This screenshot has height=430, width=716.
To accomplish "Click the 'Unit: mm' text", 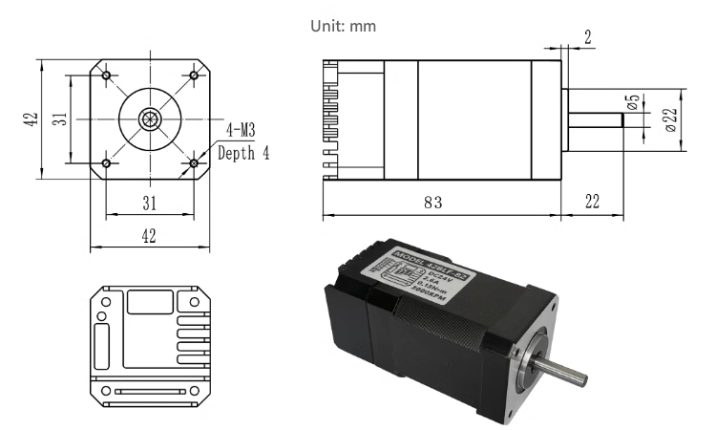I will (344, 26).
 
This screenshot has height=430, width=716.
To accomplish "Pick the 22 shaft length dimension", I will (592, 203).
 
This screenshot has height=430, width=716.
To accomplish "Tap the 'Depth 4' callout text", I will (243, 152).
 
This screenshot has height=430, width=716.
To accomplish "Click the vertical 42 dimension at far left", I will (32, 119).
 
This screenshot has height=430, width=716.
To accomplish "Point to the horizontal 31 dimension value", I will (149, 202).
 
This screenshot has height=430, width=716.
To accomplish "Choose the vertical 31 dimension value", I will (59, 119).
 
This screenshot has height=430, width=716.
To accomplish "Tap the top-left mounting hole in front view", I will (105, 75).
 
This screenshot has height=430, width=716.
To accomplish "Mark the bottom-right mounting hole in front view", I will (194, 163).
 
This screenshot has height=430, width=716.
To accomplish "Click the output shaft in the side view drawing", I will (596, 119).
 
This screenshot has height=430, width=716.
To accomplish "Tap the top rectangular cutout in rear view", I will (149, 303).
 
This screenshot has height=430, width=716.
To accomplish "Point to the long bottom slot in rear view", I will (149, 392).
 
